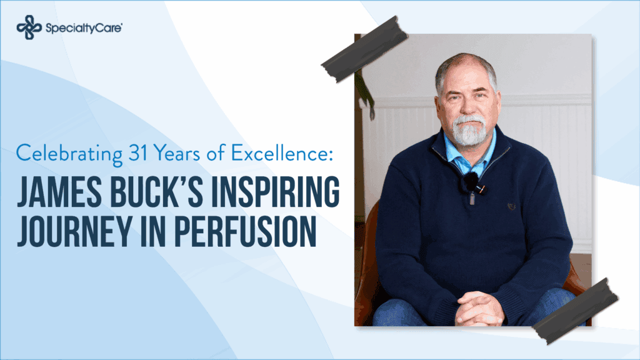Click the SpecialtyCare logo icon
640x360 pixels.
pos(27,27)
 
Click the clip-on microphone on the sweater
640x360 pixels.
pos(471,183)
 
